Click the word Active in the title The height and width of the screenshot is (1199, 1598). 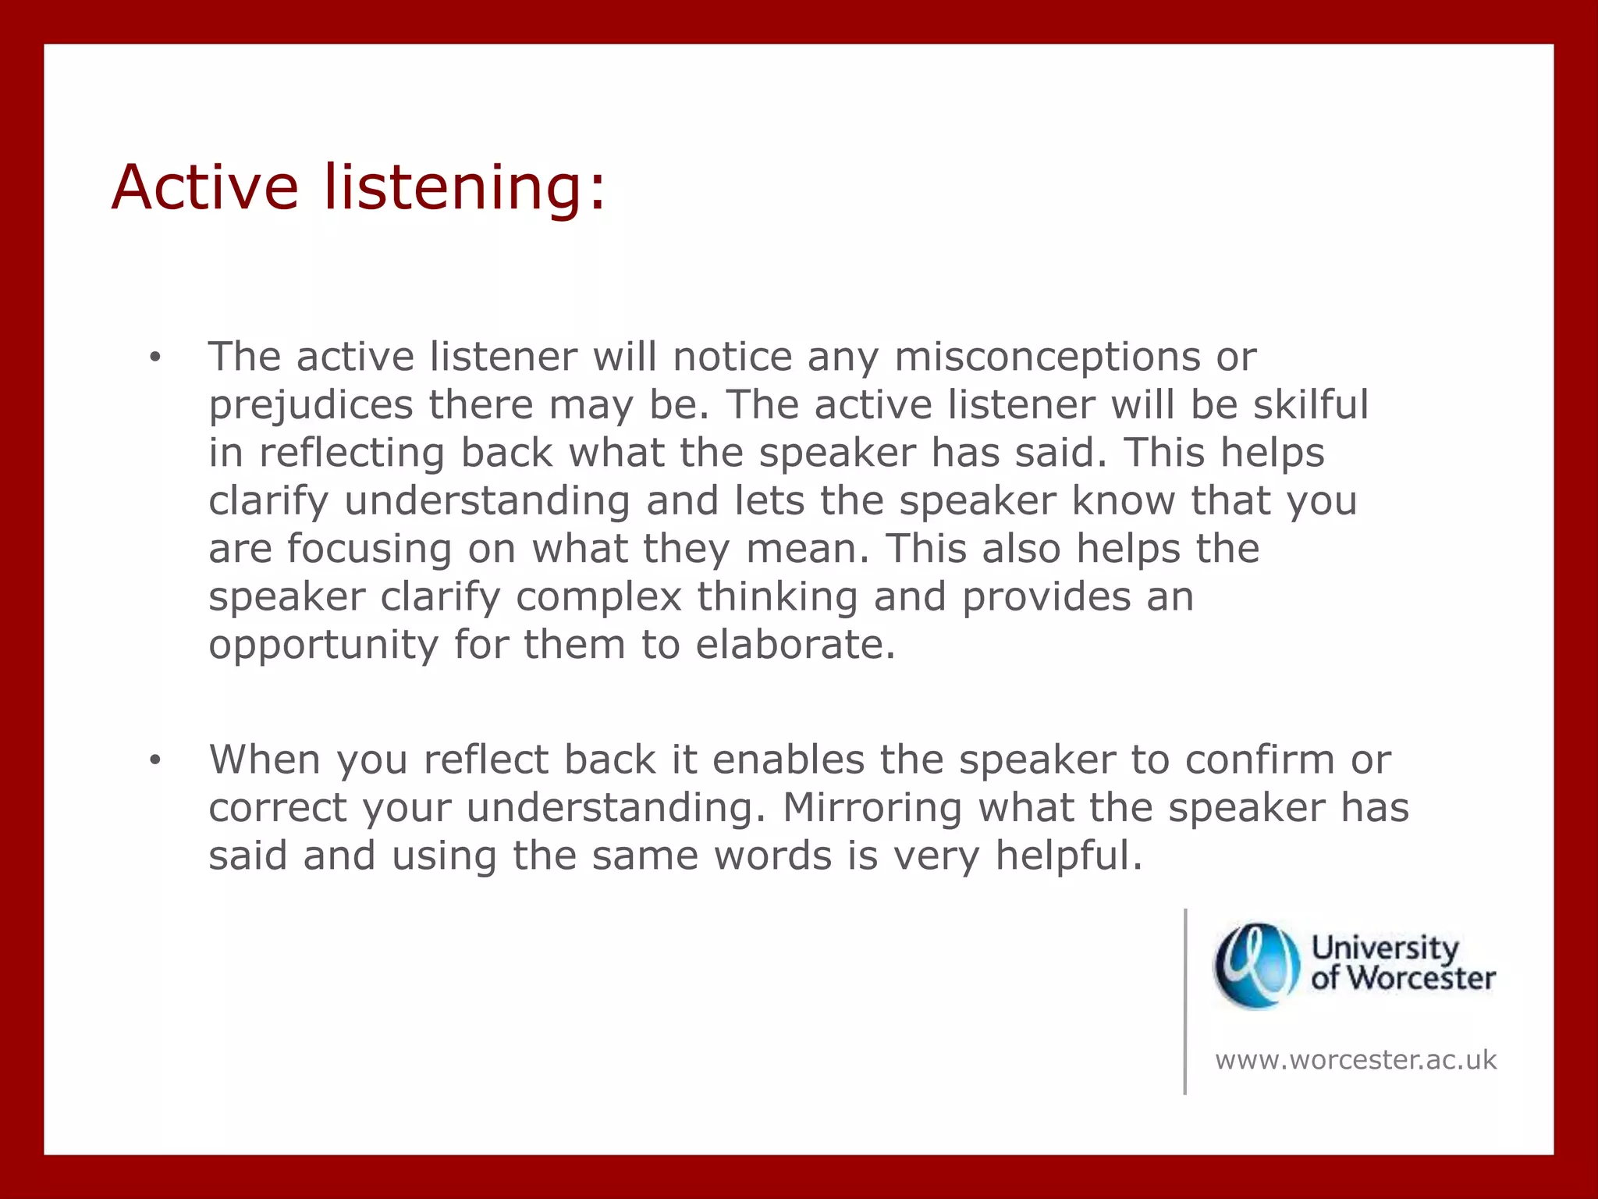pyautogui.click(x=205, y=187)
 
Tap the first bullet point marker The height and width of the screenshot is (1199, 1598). pyautogui.click(x=155, y=358)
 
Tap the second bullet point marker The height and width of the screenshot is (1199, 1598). pyautogui.click(x=155, y=760)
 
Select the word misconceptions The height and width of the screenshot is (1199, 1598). pyautogui.click(x=1046, y=358)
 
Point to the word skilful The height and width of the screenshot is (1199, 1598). pyautogui.click(x=1311, y=404)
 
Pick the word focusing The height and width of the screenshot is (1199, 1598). pyautogui.click(x=369, y=549)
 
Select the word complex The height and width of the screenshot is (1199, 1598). pyautogui.click(x=598, y=599)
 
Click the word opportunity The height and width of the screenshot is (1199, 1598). pyautogui.click(x=324, y=647)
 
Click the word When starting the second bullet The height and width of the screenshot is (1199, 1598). pyautogui.click(x=265, y=760)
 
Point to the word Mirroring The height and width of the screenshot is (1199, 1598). pyautogui.click(x=872, y=809)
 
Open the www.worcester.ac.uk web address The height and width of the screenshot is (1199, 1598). pyautogui.click(x=1355, y=1060)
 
